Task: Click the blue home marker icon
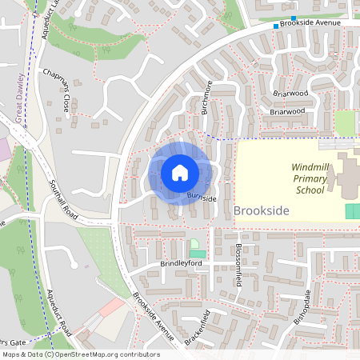tap(180, 173)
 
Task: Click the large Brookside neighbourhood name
tap(261, 210)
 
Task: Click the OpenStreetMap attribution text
tap(80, 354)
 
